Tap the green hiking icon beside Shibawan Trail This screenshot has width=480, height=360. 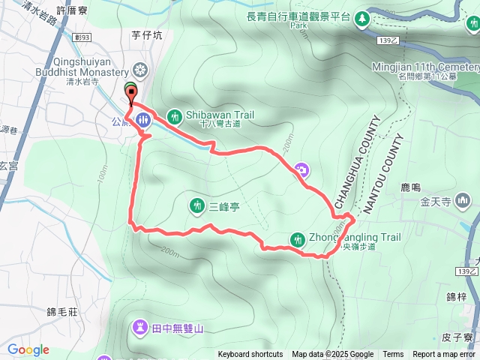click(174, 116)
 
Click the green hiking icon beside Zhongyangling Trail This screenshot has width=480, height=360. click(298, 238)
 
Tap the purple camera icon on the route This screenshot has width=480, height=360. click(301, 170)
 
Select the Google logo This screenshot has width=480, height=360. click(28, 349)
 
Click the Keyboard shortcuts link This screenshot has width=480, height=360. click(250, 355)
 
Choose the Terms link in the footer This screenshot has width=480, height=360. click(393, 355)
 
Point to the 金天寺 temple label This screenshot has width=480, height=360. click(435, 202)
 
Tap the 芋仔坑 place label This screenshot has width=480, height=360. click(147, 34)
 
